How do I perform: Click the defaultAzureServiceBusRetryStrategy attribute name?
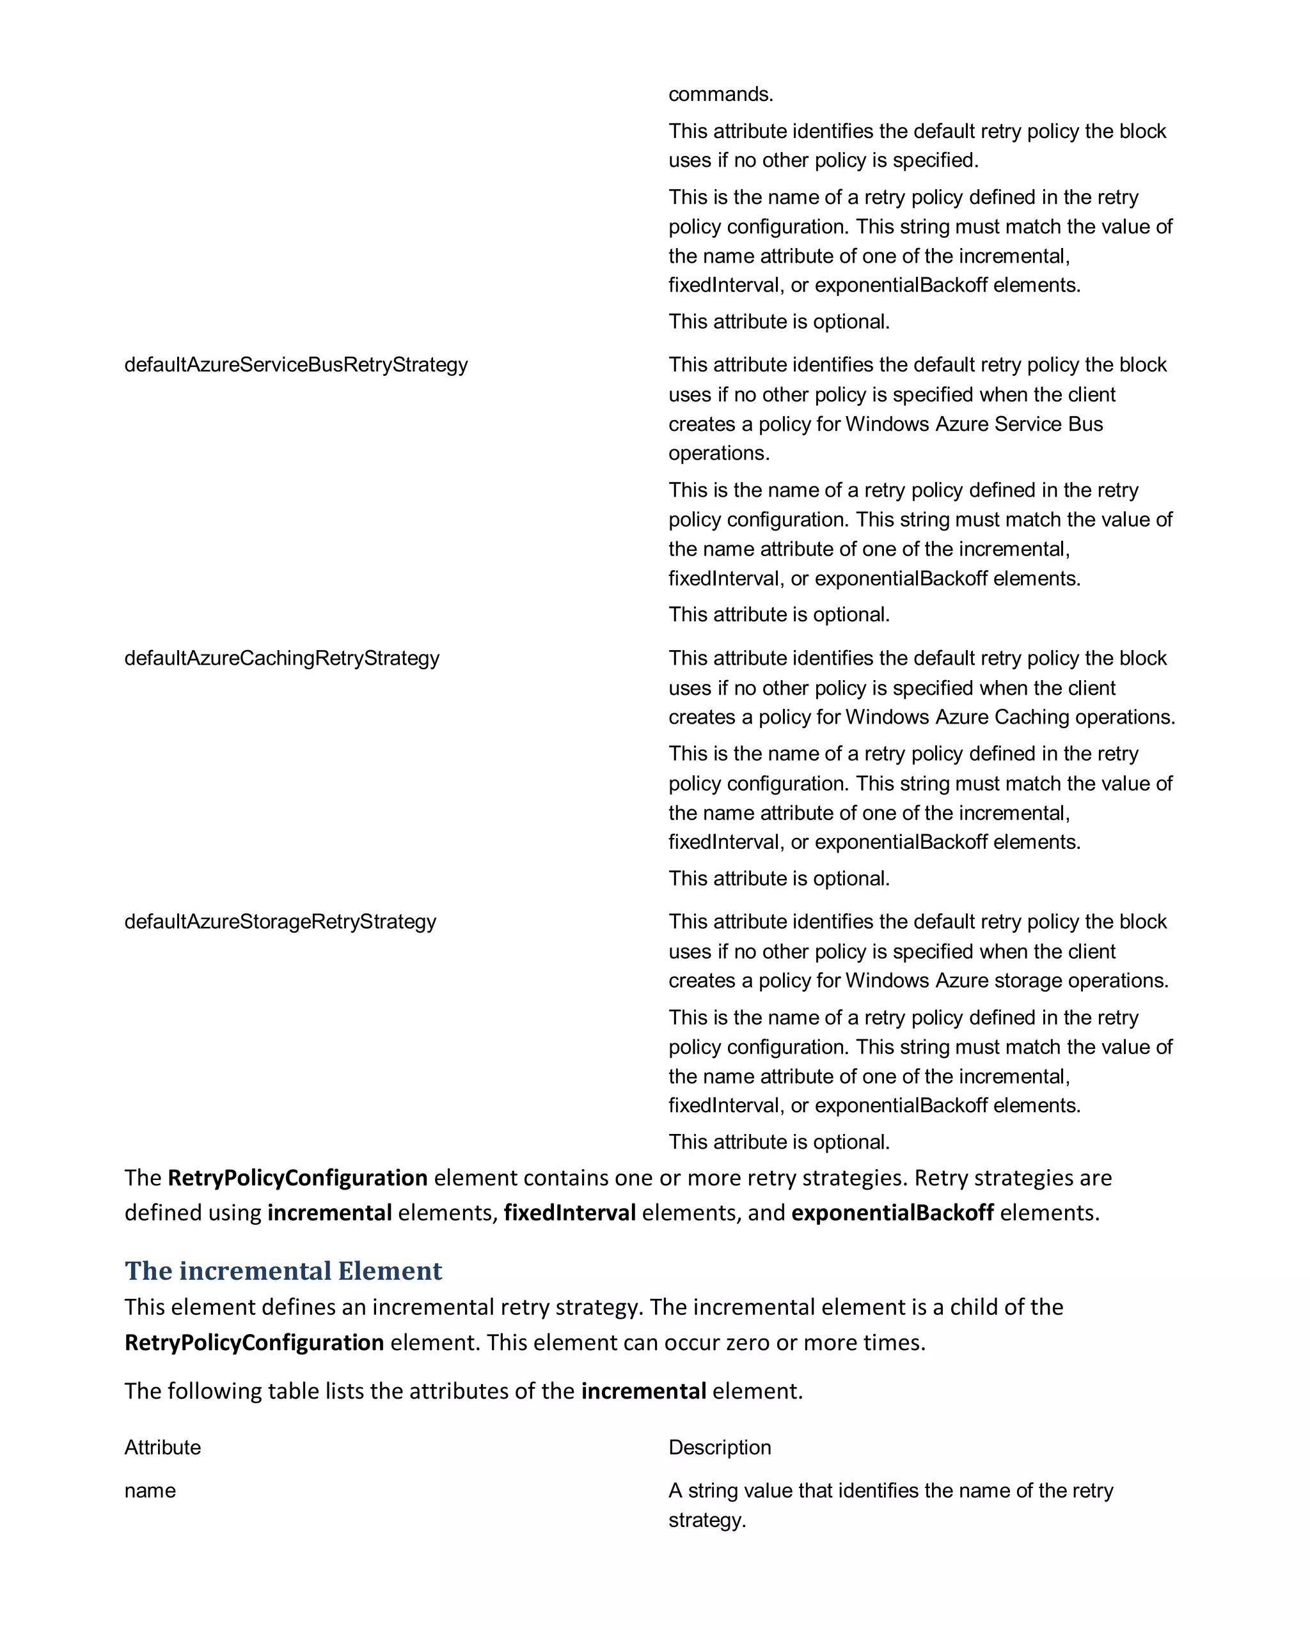pos(296,364)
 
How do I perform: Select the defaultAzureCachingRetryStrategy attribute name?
pos(281,658)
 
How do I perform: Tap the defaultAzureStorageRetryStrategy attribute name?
pos(280,922)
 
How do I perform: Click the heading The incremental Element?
pos(283,1271)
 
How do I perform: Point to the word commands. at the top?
pos(720,94)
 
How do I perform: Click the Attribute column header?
pos(162,1447)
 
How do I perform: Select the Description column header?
pos(720,1447)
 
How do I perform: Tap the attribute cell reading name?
pos(150,1490)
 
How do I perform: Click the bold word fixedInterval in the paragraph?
pos(569,1213)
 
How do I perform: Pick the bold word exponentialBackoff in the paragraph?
pos(892,1213)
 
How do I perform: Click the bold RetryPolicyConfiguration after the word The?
pos(297,1178)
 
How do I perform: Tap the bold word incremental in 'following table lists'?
pos(643,1391)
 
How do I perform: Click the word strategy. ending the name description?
pos(706,1519)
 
